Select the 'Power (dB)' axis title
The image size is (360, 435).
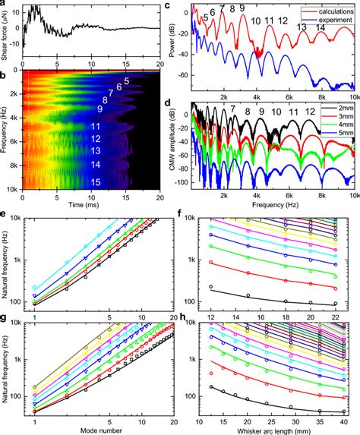tap(177, 42)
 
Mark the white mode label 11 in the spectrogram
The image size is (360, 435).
tap(96, 126)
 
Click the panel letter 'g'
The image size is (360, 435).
tap(5, 320)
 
